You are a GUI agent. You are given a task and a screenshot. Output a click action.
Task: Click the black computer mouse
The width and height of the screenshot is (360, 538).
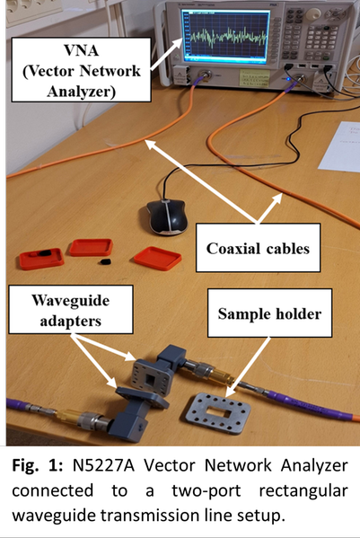(x=167, y=216)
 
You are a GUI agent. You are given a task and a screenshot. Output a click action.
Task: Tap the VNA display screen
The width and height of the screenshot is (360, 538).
(x=225, y=36)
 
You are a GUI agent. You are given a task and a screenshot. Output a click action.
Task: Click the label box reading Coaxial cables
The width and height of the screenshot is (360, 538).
(x=258, y=248)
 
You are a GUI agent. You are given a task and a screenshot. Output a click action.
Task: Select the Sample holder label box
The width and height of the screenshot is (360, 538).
(x=269, y=313)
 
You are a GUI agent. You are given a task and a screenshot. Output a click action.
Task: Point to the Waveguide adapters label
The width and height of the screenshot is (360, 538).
(x=71, y=310)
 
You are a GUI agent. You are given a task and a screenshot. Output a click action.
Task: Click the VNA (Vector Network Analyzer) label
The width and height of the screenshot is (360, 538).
(x=82, y=70)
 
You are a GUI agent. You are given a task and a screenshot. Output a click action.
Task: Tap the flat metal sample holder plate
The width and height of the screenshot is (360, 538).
(x=218, y=413)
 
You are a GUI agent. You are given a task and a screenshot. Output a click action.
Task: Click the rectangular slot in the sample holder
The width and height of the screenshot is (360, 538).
(x=218, y=411)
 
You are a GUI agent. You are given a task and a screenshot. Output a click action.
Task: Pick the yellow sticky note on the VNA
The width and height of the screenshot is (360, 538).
(x=254, y=78)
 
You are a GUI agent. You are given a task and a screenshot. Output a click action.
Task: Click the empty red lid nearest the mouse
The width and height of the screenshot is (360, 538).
(x=158, y=258)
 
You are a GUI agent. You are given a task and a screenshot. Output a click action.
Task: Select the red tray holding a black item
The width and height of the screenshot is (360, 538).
(x=41, y=259)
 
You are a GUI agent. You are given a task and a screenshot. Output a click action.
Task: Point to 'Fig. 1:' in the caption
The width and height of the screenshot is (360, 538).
(x=37, y=466)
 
